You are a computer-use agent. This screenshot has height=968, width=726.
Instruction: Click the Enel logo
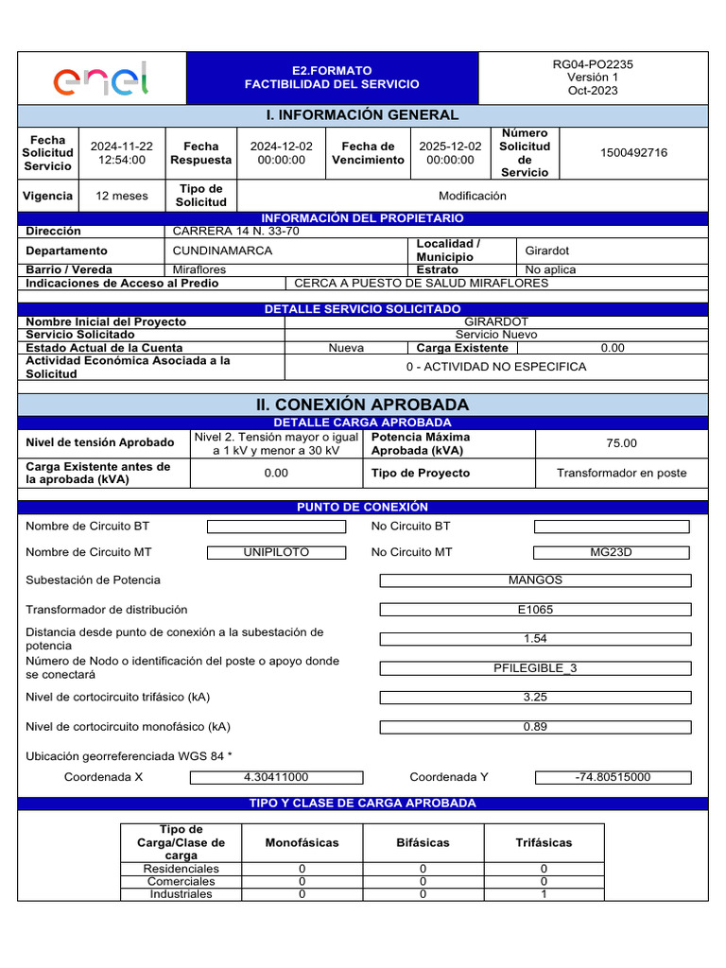[x=101, y=78]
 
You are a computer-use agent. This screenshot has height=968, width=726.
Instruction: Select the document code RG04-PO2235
[x=593, y=65]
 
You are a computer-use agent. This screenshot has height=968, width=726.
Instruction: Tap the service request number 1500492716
[x=633, y=153]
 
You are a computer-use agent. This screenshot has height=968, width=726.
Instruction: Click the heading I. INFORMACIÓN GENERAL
[x=363, y=115]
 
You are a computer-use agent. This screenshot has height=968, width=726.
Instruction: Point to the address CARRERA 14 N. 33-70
[x=235, y=231]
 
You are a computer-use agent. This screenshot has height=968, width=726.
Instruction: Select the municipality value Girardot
[x=547, y=251]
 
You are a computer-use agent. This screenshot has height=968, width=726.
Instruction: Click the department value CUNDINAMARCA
[x=222, y=251]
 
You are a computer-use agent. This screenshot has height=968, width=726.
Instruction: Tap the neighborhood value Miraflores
[x=199, y=269]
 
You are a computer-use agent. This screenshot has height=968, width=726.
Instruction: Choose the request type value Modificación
[x=473, y=196]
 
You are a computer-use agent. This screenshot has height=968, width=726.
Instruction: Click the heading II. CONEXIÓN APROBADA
[x=363, y=405]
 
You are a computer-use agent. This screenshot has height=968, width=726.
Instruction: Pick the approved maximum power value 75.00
[x=621, y=443]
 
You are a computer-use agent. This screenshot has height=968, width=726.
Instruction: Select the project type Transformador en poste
[x=621, y=473]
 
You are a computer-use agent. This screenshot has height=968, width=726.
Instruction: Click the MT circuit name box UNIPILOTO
[x=276, y=552]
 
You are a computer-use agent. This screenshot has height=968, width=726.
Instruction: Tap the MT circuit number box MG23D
[x=611, y=552]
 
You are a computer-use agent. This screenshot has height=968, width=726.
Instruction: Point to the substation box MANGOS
[x=535, y=580]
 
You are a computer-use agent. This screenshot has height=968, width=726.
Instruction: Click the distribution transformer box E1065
[x=535, y=610]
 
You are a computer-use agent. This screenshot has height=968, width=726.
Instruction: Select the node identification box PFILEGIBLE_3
[x=535, y=668]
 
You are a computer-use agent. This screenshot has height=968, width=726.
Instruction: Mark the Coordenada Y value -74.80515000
[x=613, y=777]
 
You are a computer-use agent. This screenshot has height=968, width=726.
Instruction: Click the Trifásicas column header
[x=544, y=842]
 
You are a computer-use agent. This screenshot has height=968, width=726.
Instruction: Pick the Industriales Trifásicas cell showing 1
[x=544, y=893]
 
